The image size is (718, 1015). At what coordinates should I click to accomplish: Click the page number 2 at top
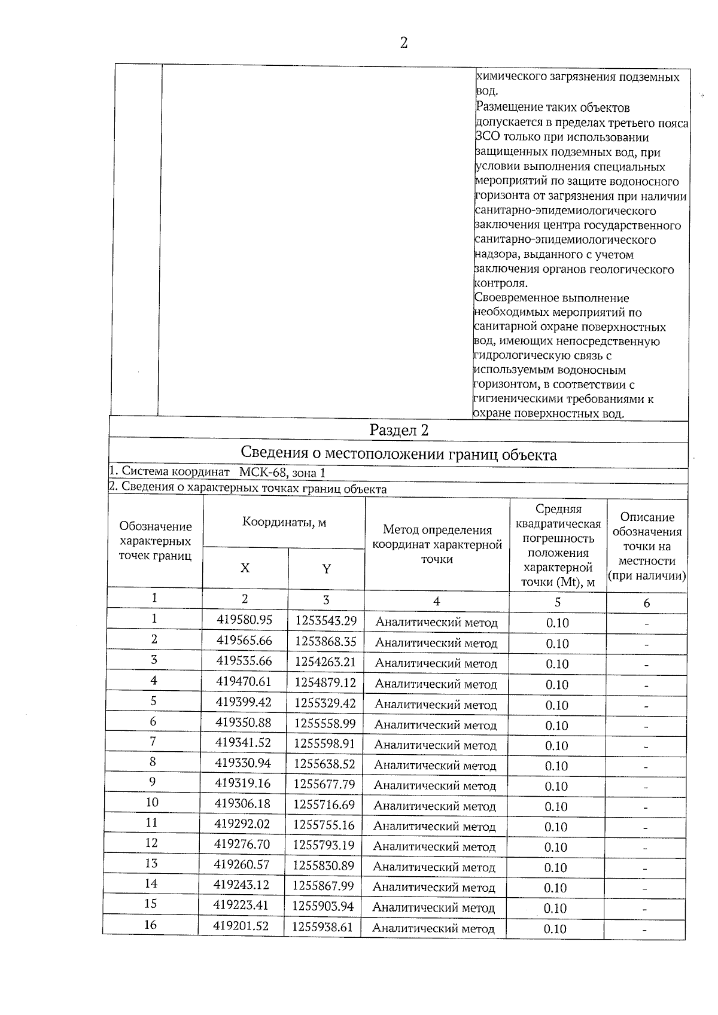[403, 43]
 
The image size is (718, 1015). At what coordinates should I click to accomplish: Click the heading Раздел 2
[398, 431]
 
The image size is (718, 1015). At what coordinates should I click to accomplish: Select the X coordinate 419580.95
[244, 620]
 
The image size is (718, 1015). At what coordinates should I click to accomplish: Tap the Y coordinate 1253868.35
[325, 641]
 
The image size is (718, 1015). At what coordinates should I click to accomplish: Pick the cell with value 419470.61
[244, 681]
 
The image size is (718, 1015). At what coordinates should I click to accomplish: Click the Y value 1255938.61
[323, 927]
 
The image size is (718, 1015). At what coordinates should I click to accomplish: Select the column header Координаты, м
[284, 522]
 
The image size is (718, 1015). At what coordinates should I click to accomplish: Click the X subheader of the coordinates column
[245, 568]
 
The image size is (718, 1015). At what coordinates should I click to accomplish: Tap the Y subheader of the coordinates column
[326, 569]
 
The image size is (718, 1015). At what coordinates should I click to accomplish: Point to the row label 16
[150, 925]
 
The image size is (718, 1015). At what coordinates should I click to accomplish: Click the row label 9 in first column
[153, 782]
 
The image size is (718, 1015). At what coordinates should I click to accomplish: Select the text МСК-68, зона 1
[282, 473]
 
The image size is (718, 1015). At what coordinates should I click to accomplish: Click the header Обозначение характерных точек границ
[156, 541]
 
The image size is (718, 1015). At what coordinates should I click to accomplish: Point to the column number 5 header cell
[558, 602]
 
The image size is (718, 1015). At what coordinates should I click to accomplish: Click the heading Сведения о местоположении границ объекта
[398, 455]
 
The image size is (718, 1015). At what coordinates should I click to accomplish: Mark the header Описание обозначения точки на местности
[647, 545]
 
